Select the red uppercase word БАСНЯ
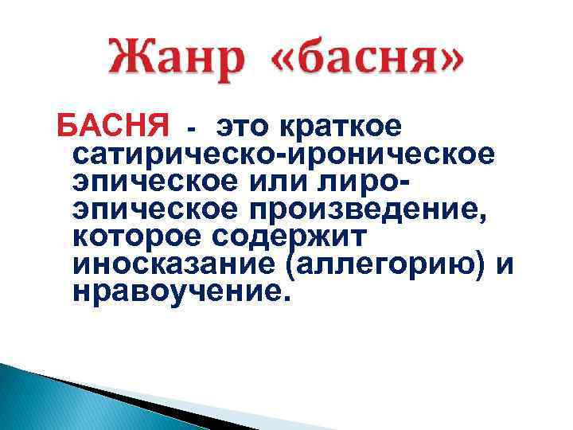pyautogui.click(x=110, y=126)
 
